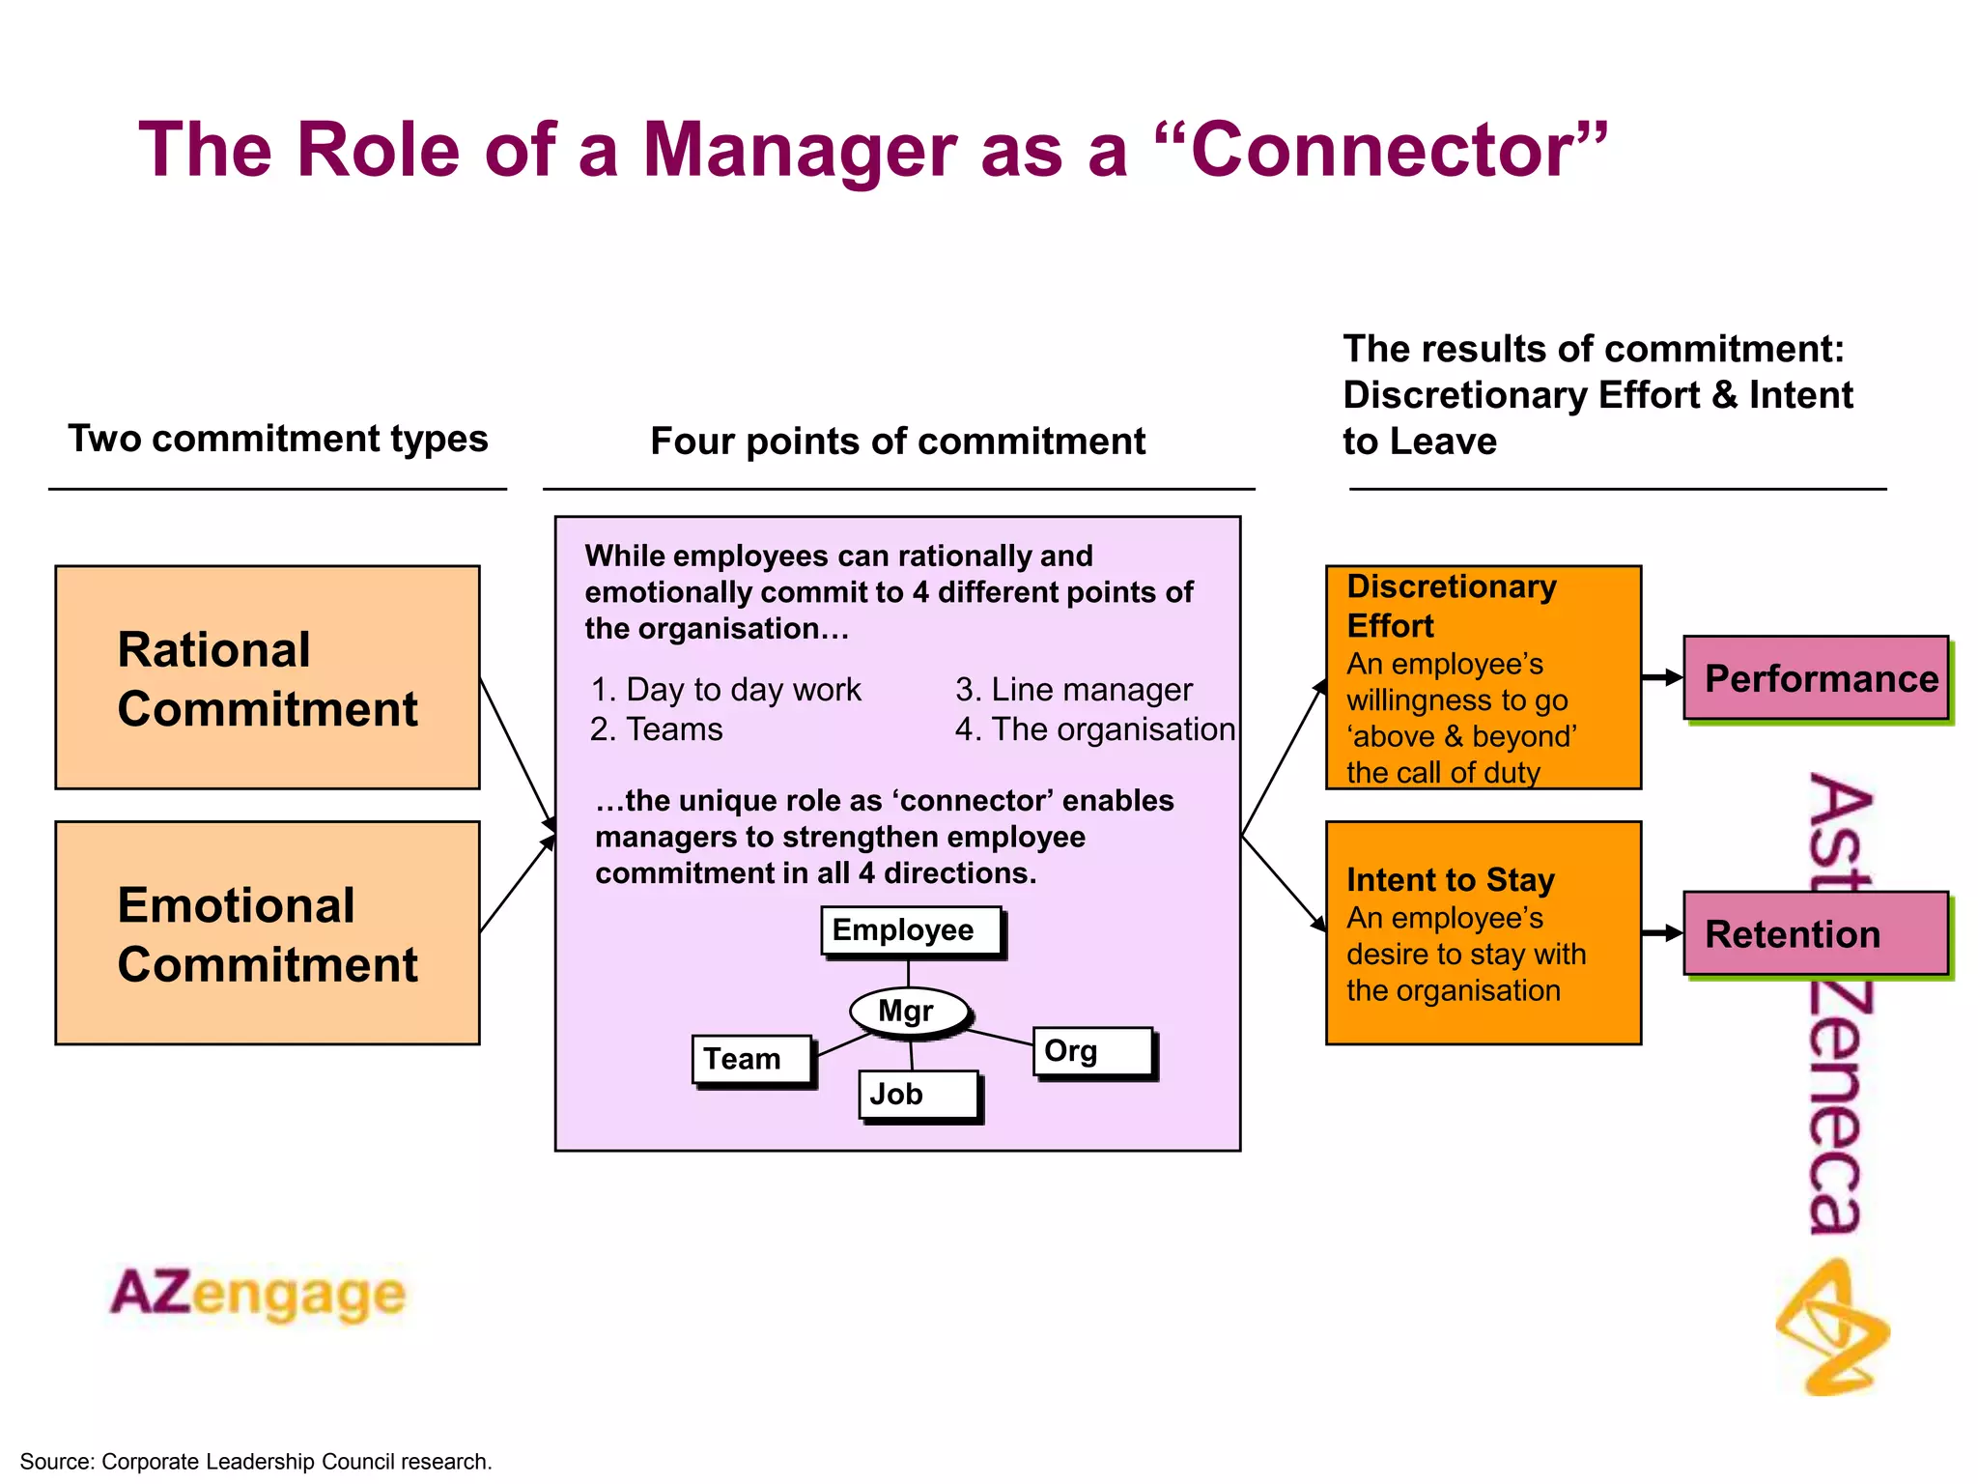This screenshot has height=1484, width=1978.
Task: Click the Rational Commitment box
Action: [x=268, y=677]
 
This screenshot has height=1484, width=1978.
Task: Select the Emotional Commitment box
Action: [x=268, y=932]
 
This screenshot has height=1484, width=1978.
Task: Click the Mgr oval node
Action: [x=908, y=1012]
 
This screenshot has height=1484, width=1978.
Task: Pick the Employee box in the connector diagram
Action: [x=911, y=930]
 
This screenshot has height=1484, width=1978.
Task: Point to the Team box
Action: [x=752, y=1059]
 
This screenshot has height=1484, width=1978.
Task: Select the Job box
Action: [x=918, y=1095]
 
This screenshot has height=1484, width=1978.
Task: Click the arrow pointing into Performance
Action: [x=1662, y=677]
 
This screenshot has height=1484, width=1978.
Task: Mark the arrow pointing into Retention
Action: [x=1662, y=932]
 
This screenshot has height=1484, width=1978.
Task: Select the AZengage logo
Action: [x=258, y=1294]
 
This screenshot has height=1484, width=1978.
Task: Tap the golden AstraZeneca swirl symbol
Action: [x=1832, y=1328]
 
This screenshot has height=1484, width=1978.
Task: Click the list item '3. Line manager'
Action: [x=1073, y=690]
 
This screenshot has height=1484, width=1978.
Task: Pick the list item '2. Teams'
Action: [x=656, y=729]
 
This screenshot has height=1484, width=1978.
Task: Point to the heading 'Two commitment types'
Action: [x=277, y=439]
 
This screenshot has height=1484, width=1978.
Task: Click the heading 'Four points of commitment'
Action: [x=897, y=442]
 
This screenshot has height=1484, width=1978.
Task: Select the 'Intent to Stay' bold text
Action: [x=1450, y=880]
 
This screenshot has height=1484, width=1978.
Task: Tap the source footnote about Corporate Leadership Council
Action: [x=256, y=1462]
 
